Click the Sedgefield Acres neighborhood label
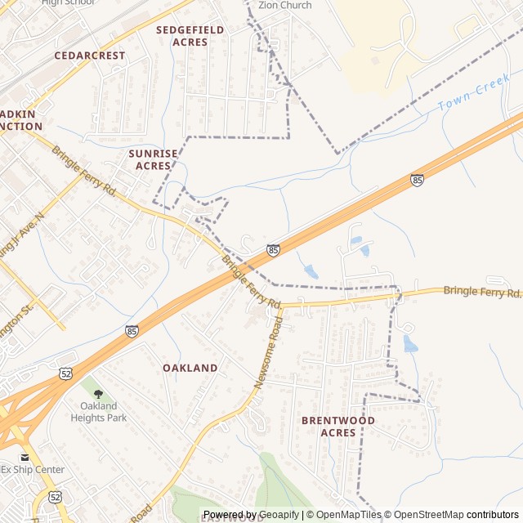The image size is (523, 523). coord(190,35)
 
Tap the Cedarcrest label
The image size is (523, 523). coord(90,56)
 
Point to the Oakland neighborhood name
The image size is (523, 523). coord(190,368)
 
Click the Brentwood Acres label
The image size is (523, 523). coord(337,426)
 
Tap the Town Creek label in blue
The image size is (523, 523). coord(473,96)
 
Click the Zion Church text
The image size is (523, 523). coord(284,5)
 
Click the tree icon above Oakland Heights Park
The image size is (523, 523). coord(98,394)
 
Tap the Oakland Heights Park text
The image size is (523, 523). coord(104,412)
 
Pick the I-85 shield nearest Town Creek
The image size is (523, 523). coord(418,179)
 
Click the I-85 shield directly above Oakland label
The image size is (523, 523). coord(132,331)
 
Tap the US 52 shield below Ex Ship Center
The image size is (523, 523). coord(55,496)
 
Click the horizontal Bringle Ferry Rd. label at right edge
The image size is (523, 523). coord(481,291)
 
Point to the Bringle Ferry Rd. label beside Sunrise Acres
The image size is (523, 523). coord(84,170)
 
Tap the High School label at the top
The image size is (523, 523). coord(69,2)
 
